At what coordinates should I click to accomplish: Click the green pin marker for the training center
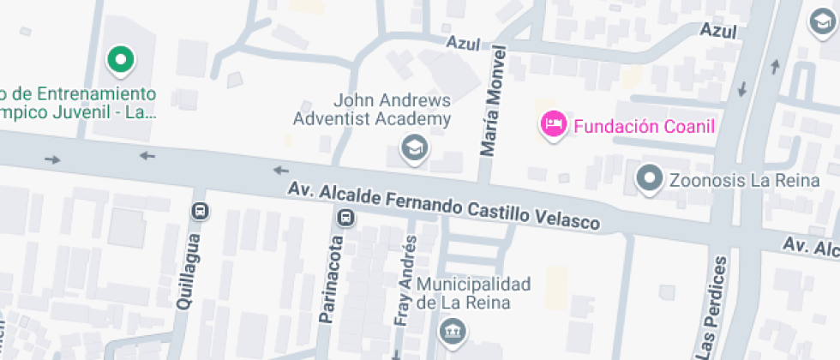[x=121, y=60]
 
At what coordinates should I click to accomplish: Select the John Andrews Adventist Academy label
[x=372, y=109]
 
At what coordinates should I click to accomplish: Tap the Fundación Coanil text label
[x=644, y=127]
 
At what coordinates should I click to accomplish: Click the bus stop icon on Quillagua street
[x=200, y=210]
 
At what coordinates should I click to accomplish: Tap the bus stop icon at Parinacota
[x=345, y=217]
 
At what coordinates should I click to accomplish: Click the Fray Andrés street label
[x=408, y=280]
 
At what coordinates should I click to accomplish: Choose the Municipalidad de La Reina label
[x=474, y=293]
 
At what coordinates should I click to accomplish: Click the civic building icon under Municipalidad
[x=451, y=330]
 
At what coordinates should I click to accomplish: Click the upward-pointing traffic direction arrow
[x=775, y=65]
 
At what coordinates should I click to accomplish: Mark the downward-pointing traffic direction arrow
[x=742, y=88]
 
